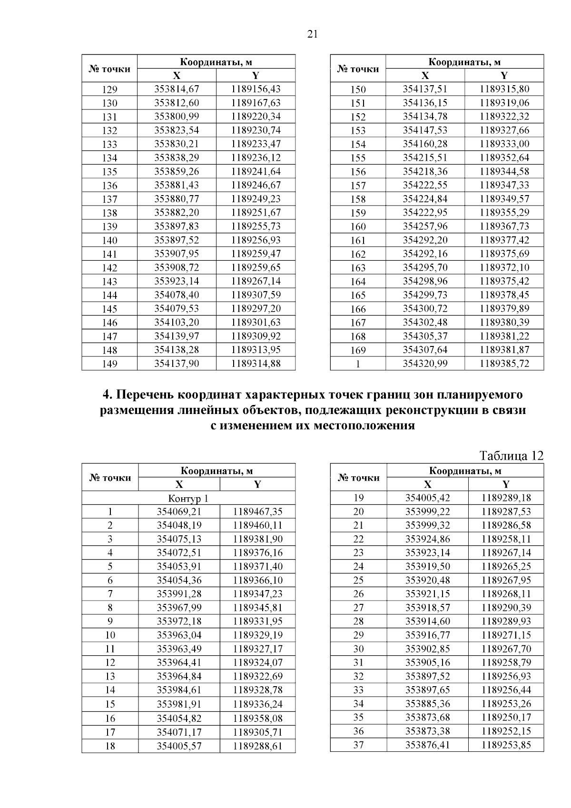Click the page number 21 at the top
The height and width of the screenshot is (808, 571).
(313, 34)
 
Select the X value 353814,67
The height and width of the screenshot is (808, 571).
(177, 89)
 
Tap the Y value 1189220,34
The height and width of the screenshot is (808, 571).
(256, 117)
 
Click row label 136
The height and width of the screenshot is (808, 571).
(109, 186)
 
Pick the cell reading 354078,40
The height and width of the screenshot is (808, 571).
(177, 295)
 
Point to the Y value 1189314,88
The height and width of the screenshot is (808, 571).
(256, 364)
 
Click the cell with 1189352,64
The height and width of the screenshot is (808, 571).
(504, 158)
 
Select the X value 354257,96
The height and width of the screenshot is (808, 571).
(425, 227)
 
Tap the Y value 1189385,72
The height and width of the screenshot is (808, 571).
(504, 364)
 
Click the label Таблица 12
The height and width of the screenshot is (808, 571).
(512, 456)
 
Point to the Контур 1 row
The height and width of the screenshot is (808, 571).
(188, 499)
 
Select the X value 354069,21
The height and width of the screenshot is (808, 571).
(179, 512)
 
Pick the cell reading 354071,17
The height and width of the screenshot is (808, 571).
(179, 732)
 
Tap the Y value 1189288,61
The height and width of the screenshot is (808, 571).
(257, 746)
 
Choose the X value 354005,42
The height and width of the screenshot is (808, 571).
(427, 498)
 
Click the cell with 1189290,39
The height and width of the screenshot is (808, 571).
(506, 608)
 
